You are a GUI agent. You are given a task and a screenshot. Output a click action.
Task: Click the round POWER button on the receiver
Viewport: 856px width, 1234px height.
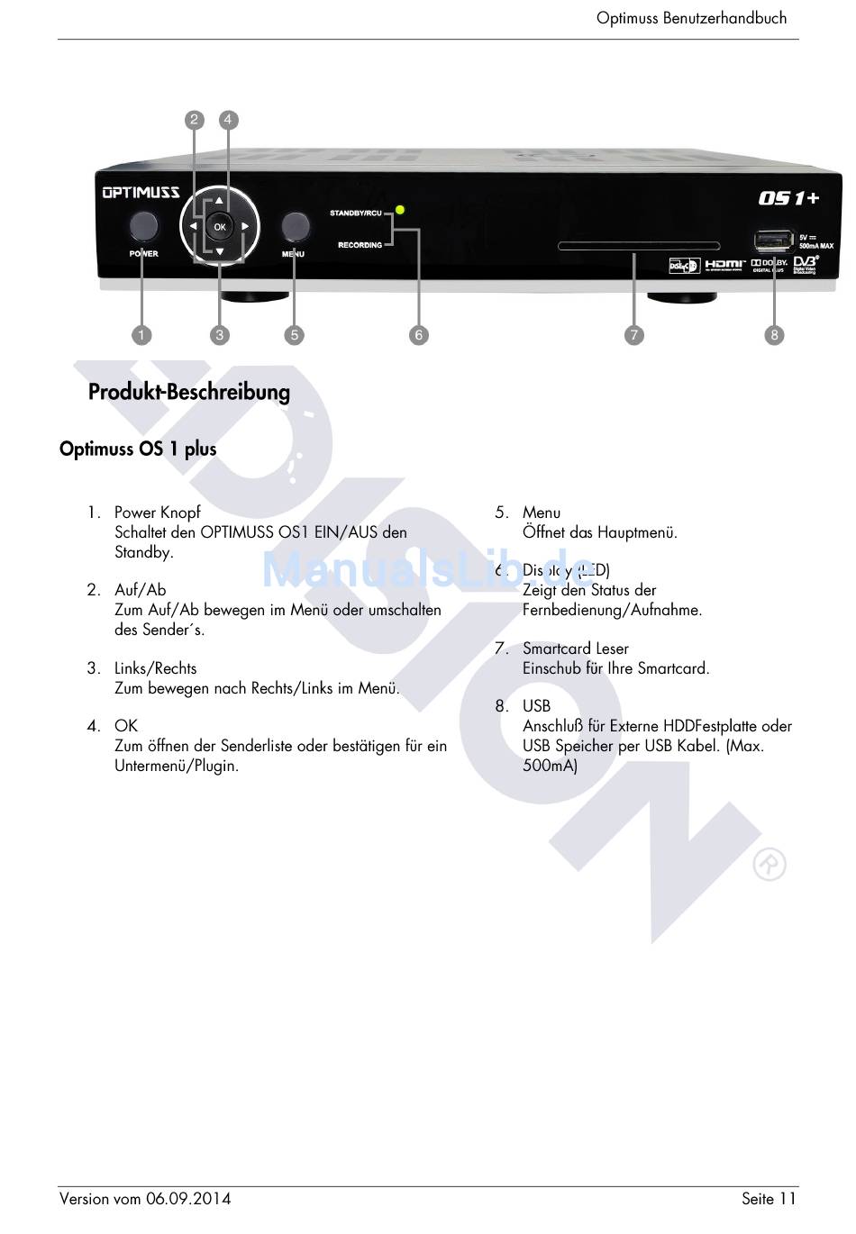143,226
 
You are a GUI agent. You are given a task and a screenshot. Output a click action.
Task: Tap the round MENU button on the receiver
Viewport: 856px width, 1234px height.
295,226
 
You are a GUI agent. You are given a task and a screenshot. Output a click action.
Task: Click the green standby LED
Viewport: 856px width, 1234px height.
400,210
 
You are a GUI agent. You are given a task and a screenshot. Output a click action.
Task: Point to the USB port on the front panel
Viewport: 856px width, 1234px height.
770,241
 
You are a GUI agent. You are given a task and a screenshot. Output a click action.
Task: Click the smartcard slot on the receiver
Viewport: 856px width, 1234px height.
639,246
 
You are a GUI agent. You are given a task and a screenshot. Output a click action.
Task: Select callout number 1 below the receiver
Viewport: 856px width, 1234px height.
141,335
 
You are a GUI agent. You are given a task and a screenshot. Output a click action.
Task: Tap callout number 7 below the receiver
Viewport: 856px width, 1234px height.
634,335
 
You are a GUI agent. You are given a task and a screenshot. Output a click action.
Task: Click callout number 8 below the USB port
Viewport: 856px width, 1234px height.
774,335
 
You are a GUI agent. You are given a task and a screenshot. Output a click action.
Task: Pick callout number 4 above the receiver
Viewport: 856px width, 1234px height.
229,120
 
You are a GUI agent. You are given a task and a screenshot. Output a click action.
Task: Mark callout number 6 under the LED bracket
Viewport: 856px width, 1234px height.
418,335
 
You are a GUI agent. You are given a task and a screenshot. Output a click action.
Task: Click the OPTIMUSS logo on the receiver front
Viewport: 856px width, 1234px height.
141,192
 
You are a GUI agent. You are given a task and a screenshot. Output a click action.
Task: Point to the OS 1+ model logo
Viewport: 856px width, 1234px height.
788,197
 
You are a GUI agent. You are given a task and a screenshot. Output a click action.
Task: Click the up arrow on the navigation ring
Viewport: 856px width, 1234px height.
219,201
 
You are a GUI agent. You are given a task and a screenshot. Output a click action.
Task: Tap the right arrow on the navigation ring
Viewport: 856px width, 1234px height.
245,227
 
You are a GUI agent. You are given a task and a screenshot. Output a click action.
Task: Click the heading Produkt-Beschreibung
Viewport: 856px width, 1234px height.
189,392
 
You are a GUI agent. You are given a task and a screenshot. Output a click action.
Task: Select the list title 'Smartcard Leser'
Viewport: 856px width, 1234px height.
575,649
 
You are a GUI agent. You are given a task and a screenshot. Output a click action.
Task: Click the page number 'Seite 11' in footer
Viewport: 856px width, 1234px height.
769,1198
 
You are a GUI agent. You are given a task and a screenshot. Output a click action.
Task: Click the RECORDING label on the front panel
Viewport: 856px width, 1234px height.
360,245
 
